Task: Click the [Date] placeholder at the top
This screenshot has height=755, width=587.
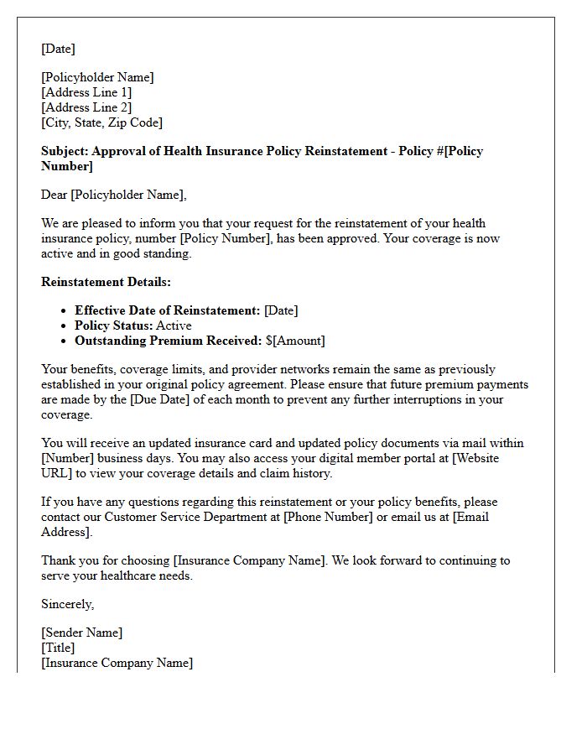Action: pyautogui.click(x=58, y=49)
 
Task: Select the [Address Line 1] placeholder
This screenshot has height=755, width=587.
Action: pyautogui.click(x=86, y=92)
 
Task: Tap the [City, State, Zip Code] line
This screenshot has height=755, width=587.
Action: pyautogui.click(x=101, y=122)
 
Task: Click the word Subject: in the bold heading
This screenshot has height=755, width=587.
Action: pyautogui.click(x=65, y=151)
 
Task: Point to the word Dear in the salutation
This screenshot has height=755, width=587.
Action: pyautogui.click(x=55, y=195)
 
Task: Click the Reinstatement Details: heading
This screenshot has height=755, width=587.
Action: pyautogui.click(x=106, y=282)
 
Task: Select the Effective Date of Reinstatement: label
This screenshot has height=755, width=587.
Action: pyautogui.click(x=167, y=310)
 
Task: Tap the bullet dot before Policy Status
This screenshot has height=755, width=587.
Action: pyautogui.click(x=64, y=326)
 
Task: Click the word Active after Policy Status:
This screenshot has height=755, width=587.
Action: pyautogui.click(x=174, y=325)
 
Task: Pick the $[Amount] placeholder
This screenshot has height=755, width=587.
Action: pyautogui.click(x=295, y=341)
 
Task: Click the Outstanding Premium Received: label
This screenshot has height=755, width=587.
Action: pyautogui.click(x=168, y=341)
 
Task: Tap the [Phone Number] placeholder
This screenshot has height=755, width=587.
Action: pyautogui.click(x=328, y=517)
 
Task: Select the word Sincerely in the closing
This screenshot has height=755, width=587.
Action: pyautogui.click(x=67, y=604)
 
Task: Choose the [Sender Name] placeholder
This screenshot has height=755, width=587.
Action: pyautogui.click(x=81, y=633)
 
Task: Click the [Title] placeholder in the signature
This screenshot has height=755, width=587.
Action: pyautogui.click(x=58, y=648)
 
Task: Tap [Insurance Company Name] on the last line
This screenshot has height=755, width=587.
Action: pyautogui.click(x=117, y=663)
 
